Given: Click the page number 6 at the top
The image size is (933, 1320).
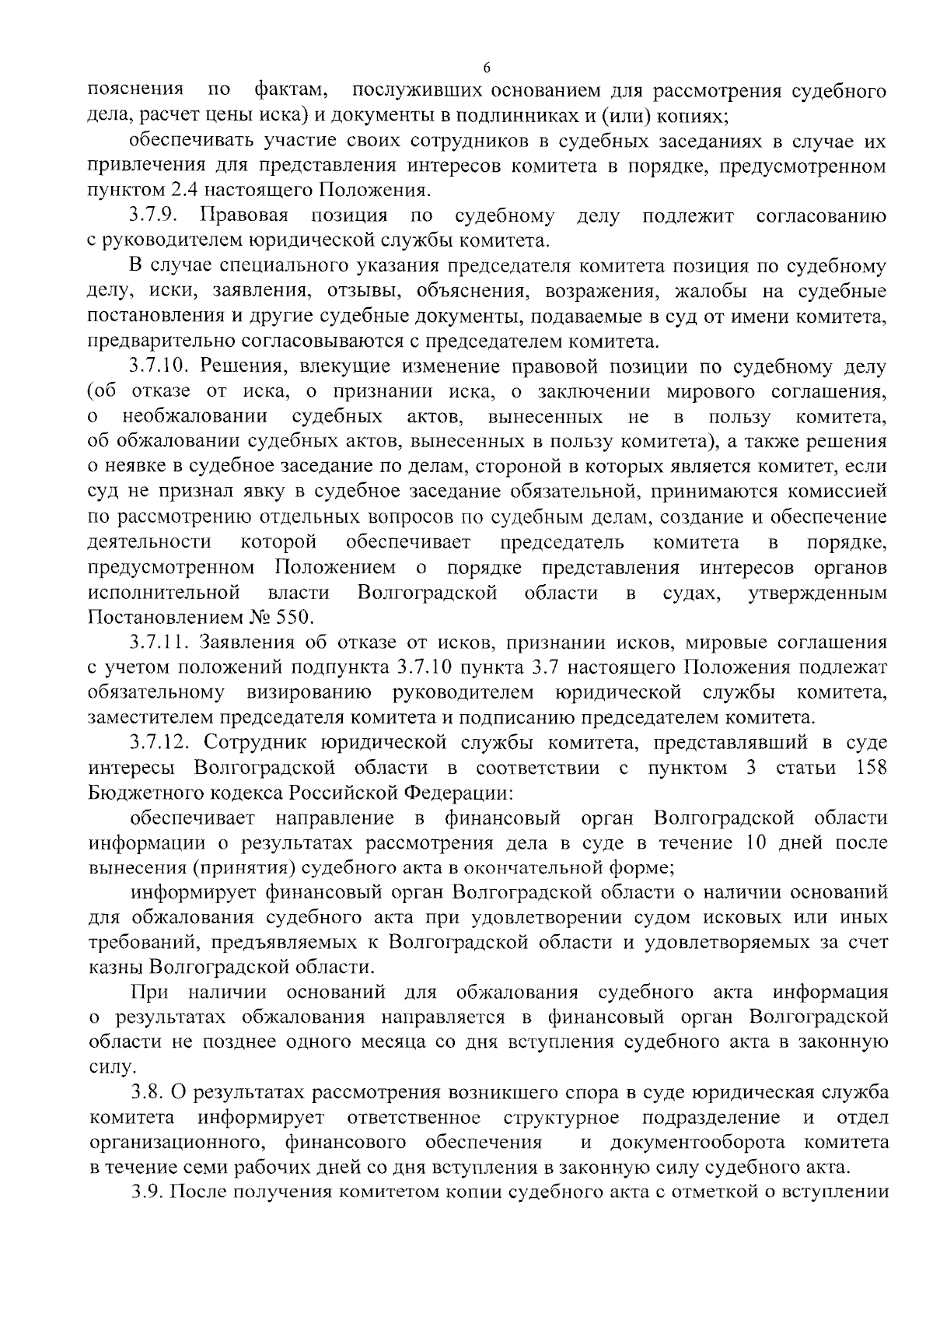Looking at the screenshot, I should (487, 68).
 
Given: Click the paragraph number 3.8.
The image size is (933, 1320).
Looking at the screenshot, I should (146, 1094).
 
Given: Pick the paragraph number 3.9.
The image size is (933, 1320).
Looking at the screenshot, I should (146, 1192).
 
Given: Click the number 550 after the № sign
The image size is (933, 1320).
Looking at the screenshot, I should (292, 618).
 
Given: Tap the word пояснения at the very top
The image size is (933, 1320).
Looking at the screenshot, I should (135, 90).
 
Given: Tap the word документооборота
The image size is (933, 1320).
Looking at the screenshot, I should (703, 1143).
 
